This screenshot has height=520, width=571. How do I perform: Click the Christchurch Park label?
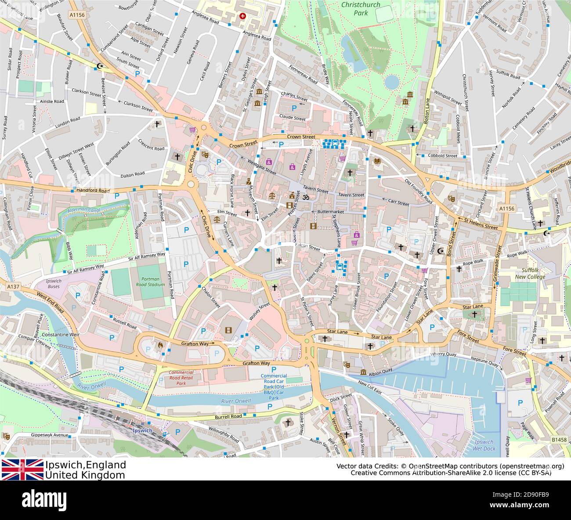(361, 8)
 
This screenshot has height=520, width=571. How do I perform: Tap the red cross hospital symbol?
(242, 16)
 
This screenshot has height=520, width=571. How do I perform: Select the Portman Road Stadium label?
(153, 282)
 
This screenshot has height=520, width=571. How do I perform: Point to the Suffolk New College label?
(530, 274)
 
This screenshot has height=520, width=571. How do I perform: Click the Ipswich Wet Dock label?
(484, 445)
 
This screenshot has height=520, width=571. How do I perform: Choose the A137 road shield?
(14, 286)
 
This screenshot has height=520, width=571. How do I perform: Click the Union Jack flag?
(22, 469)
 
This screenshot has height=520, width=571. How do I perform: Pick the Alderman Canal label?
(84, 210)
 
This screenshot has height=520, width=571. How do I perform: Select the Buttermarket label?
(330, 212)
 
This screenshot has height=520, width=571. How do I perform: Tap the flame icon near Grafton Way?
(160, 346)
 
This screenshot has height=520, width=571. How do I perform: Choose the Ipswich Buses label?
(54, 283)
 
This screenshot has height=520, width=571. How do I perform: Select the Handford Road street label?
(93, 191)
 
